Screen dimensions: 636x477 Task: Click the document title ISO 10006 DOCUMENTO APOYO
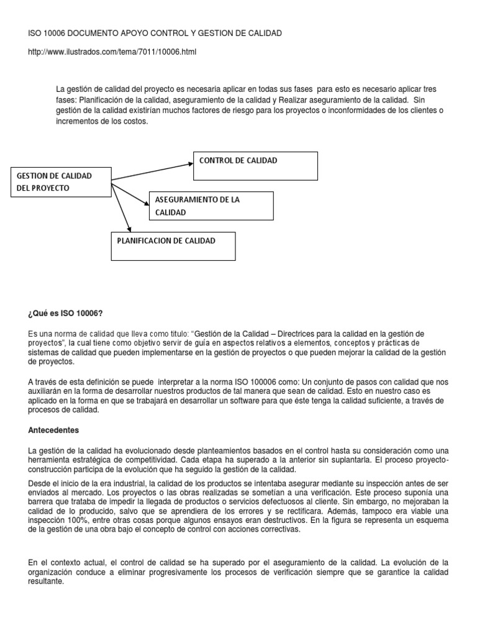tap(155, 32)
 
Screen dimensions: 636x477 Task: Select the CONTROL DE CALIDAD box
tap(255, 164)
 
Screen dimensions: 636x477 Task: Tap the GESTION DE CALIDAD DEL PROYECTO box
tap(60, 182)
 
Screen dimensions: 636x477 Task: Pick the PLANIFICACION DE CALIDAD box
tap(173, 245)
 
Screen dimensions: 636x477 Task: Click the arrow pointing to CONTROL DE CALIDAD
tap(152, 173)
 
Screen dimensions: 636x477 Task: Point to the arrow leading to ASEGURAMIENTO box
tap(131, 193)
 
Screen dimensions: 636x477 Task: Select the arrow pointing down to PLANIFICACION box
tap(122, 207)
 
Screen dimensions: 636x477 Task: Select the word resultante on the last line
tap(47, 583)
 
